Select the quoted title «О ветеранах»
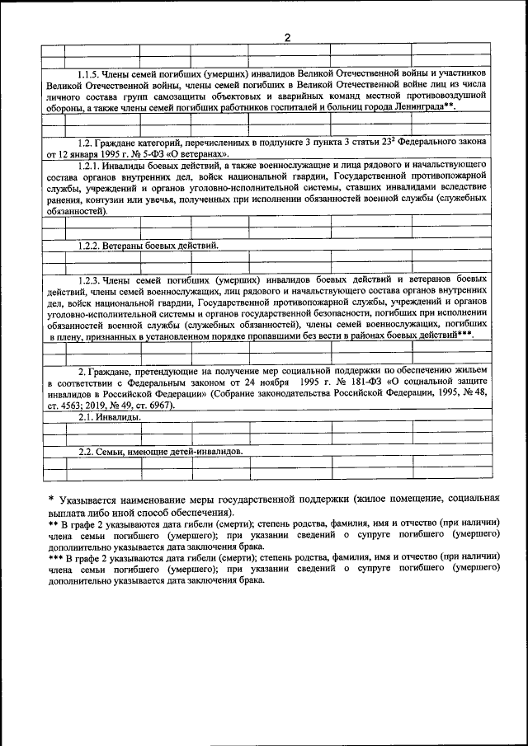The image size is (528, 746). pos(196,154)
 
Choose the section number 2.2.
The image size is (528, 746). pos(87,453)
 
